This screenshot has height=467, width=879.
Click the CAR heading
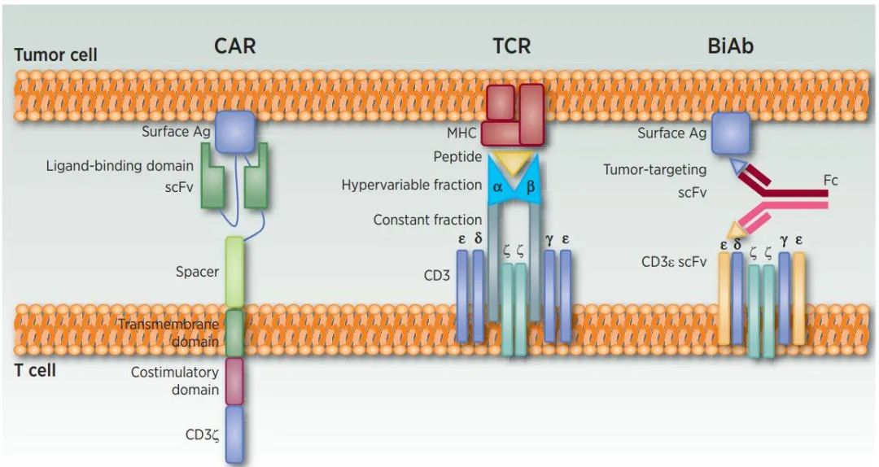(x=235, y=46)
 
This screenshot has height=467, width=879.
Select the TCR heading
(x=511, y=46)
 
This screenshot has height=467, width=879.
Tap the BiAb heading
(x=730, y=46)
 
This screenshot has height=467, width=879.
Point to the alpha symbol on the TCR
(x=497, y=187)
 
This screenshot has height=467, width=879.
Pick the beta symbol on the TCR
(x=531, y=186)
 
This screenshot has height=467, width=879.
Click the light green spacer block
(x=234, y=273)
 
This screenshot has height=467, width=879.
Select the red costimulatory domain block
(x=234, y=382)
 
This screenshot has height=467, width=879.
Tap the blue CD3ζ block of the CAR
(x=234, y=434)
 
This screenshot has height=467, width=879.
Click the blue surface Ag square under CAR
(x=235, y=132)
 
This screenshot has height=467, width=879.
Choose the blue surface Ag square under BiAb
(x=731, y=133)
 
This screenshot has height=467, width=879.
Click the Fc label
(x=830, y=181)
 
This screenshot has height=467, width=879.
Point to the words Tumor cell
(x=55, y=55)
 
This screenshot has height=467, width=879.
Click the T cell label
(x=35, y=370)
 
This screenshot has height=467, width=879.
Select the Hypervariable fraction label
(x=412, y=185)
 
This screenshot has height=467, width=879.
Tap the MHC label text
(x=461, y=133)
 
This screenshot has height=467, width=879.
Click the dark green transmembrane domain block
(x=234, y=333)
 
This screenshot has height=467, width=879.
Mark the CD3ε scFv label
(x=674, y=262)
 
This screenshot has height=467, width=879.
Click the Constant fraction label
(x=427, y=220)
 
